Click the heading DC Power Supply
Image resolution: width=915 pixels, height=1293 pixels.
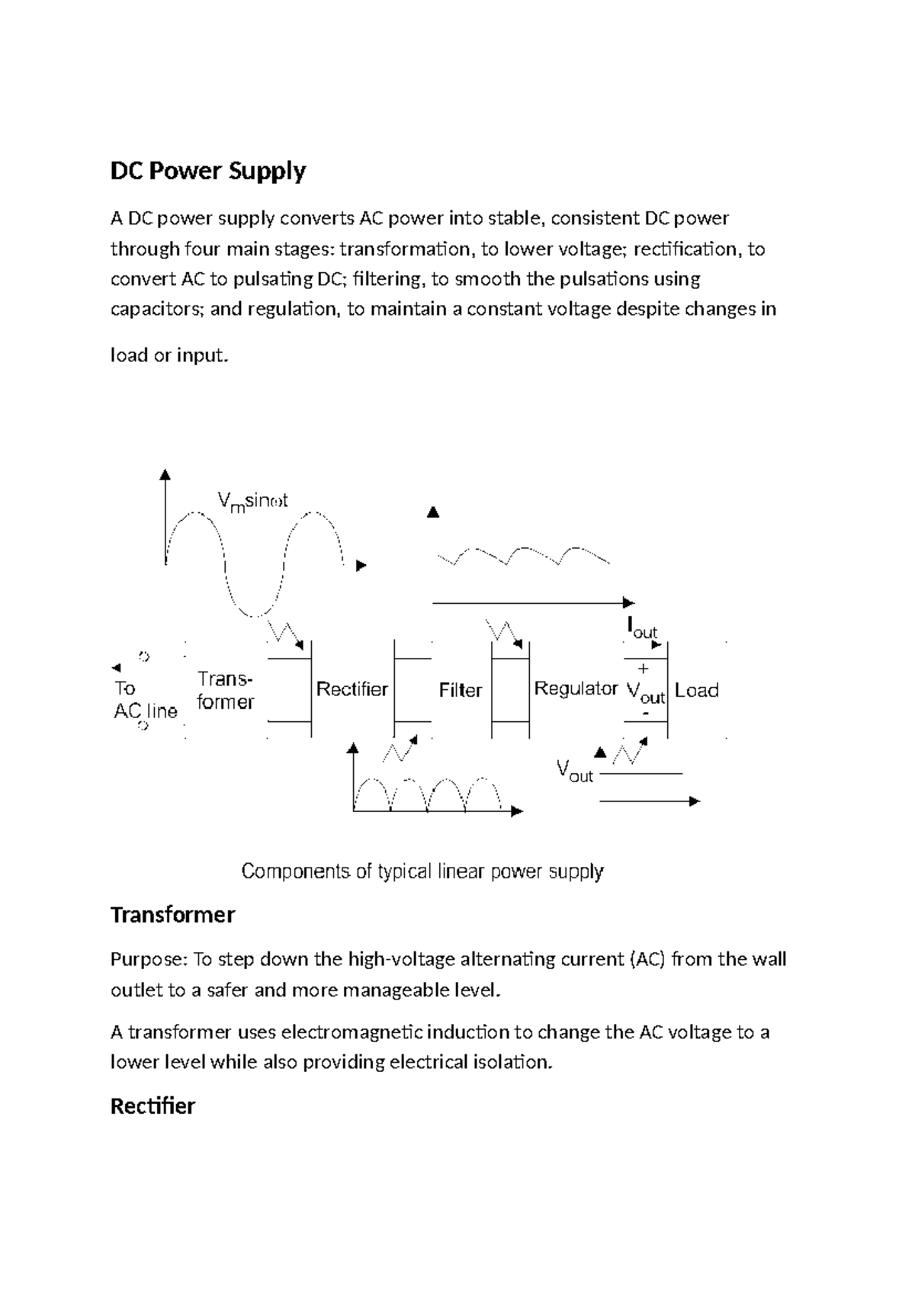pos(207,171)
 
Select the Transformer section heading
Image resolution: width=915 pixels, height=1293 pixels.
pos(172,915)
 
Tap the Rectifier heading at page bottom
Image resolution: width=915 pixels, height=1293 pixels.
pos(152,1106)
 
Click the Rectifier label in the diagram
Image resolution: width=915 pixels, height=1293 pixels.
pos(352,689)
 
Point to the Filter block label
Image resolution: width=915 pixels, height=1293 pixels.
pos(460,690)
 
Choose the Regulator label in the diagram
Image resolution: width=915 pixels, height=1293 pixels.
pos(576,688)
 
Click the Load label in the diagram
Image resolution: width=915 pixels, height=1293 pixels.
pos(696,690)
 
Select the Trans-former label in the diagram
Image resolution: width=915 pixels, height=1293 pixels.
pos(225,690)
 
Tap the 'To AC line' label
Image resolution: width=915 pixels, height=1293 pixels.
pos(144,700)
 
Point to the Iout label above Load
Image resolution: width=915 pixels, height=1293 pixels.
pos(641,628)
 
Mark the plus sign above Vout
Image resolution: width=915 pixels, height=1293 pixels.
pos(643,669)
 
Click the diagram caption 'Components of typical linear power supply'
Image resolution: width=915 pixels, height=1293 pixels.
pos(422,871)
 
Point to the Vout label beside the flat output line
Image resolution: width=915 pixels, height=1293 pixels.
pos(574,771)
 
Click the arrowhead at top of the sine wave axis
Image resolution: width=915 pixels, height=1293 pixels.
pos(165,474)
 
